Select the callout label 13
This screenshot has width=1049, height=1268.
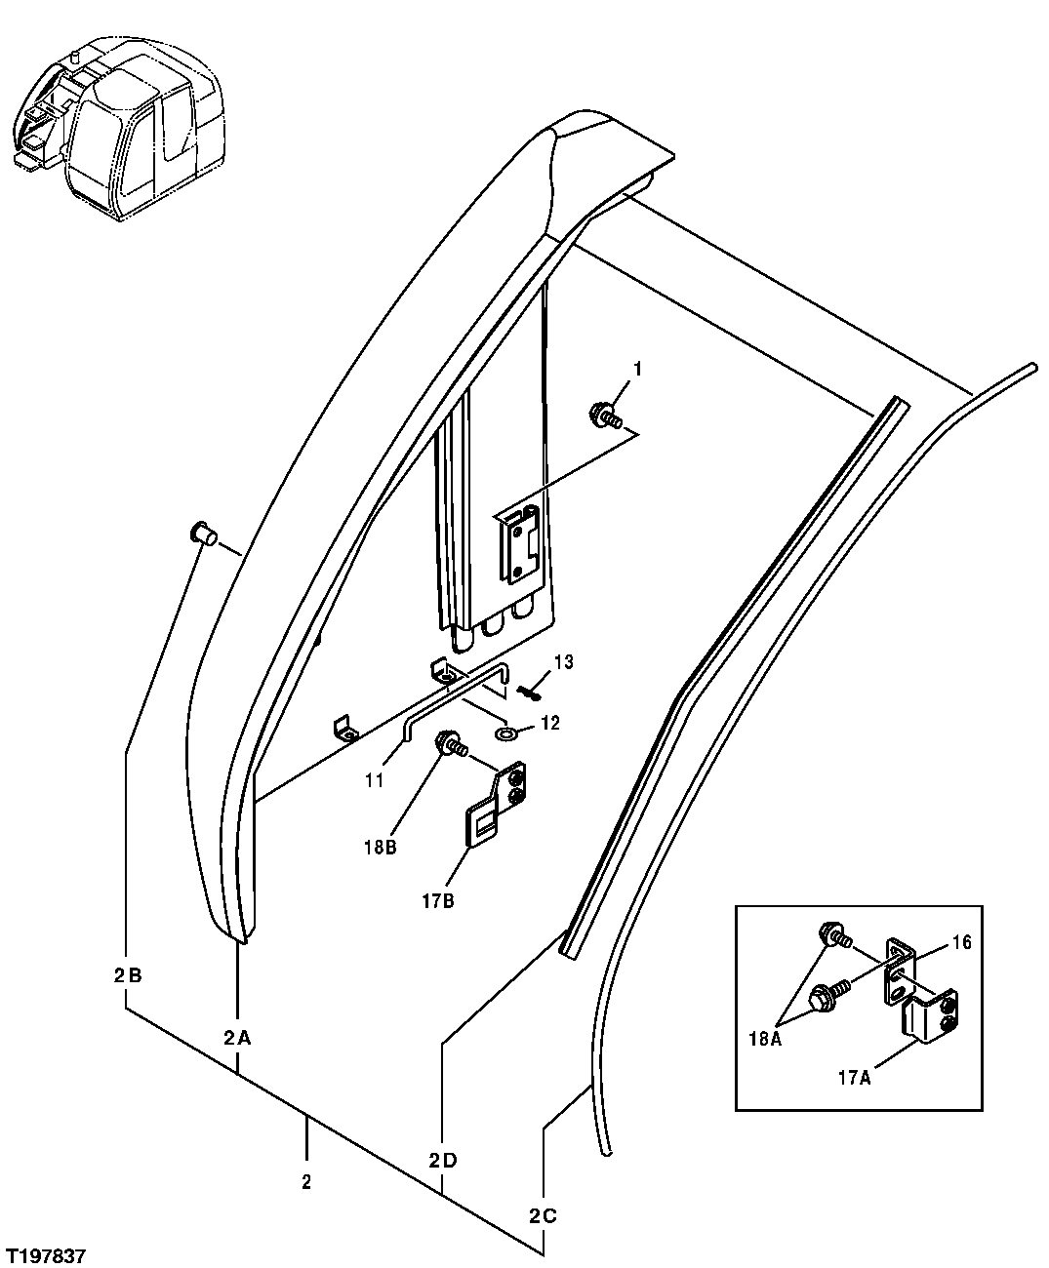(563, 663)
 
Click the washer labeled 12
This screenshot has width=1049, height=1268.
(505, 733)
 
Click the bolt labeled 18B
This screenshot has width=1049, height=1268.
(453, 743)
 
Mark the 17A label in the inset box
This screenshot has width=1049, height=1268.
(853, 1078)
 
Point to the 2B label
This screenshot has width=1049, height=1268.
(128, 975)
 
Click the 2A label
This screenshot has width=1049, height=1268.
(237, 1039)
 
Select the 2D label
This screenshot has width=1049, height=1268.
(442, 1161)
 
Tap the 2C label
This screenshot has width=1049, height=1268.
(543, 1216)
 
